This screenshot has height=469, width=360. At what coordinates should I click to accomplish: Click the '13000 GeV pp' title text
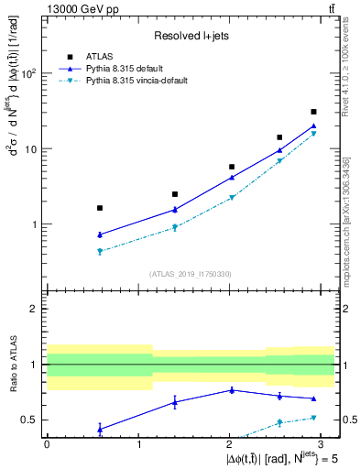[82, 8]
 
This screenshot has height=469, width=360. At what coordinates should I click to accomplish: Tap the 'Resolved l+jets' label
[191, 36]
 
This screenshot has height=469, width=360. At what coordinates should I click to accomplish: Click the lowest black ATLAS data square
[99, 208]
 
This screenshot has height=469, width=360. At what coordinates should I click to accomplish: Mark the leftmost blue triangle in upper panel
[99, 234]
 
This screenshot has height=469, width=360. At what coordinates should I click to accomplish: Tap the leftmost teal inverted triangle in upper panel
[99, 251]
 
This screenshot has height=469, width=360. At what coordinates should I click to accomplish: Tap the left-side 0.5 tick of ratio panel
[34, 420]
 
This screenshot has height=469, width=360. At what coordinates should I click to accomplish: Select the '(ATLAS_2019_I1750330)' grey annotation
[190, 274]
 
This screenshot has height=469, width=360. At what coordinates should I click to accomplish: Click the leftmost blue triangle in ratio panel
[99, 428]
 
